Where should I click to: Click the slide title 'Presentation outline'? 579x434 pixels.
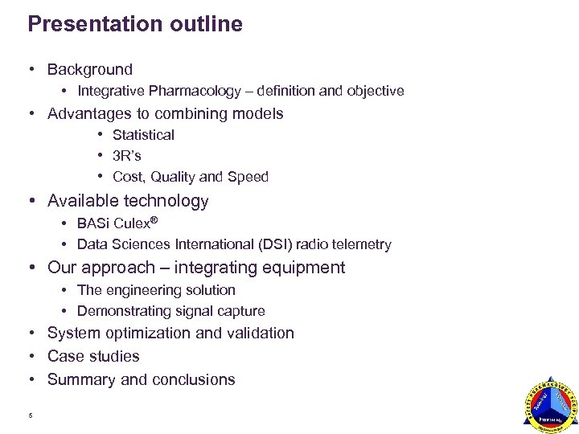coord(134,24)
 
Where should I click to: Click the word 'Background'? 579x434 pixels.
coord(90,70)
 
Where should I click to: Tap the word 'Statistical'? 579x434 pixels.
coord(143,135)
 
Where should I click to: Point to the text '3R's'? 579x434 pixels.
coord(127,156)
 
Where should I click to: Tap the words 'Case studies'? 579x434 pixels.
coord(93,357)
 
